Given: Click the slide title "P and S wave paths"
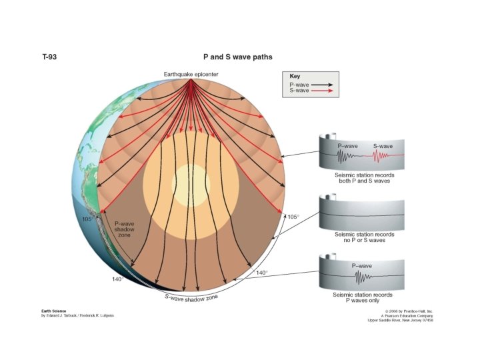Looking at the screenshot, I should (x=237, y=57).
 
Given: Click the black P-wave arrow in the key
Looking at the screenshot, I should (x=322, y=85).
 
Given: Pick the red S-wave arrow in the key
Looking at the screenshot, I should (x=322, y=90).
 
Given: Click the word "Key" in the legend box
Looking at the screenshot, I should (x=295, y=77).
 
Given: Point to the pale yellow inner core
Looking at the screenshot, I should (x=191, y=181).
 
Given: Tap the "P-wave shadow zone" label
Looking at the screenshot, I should (x=125, y=229).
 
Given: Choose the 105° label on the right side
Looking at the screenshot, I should (x=293, y=217).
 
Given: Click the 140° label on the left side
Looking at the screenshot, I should (x=117, y=279).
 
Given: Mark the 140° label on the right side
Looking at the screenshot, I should (x=262, y=273).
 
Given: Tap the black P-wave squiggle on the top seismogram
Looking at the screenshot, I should (x=345, y=157).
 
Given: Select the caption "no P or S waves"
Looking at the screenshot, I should (x=363, y=240).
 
